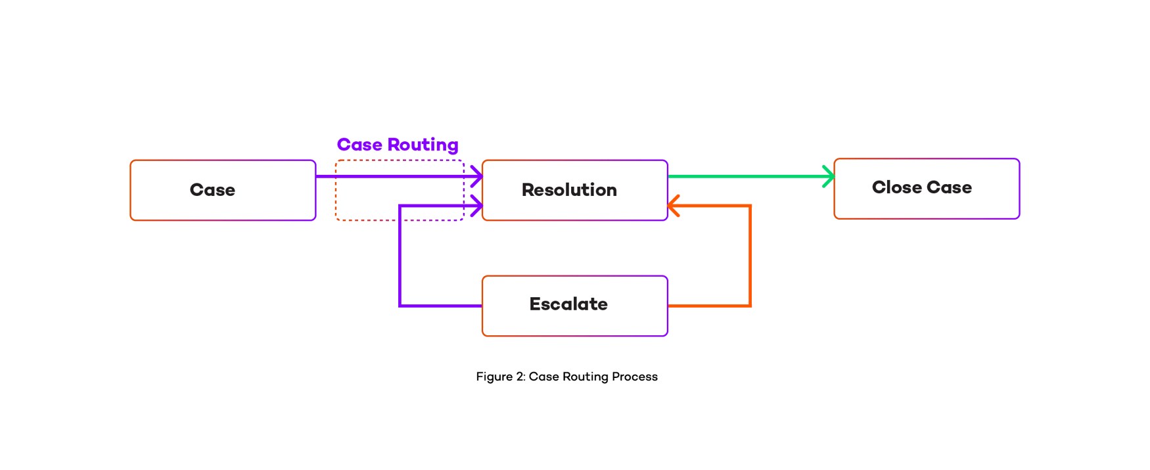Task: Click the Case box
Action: (223, 190)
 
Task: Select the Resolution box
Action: (575, 190)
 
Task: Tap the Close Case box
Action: (927, 188)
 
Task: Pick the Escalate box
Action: (575, 306)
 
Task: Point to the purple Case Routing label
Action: (398, 145)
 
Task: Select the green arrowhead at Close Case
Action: (829, 176)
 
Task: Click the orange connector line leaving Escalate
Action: (750, 263)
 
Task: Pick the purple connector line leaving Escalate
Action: (400, 263)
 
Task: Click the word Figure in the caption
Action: (494, 377)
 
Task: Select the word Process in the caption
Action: (634, 377)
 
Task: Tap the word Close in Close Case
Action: (896, 187)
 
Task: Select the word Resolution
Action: (569, 190)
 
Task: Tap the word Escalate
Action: (568, 304)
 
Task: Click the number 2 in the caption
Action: (519, 377)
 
